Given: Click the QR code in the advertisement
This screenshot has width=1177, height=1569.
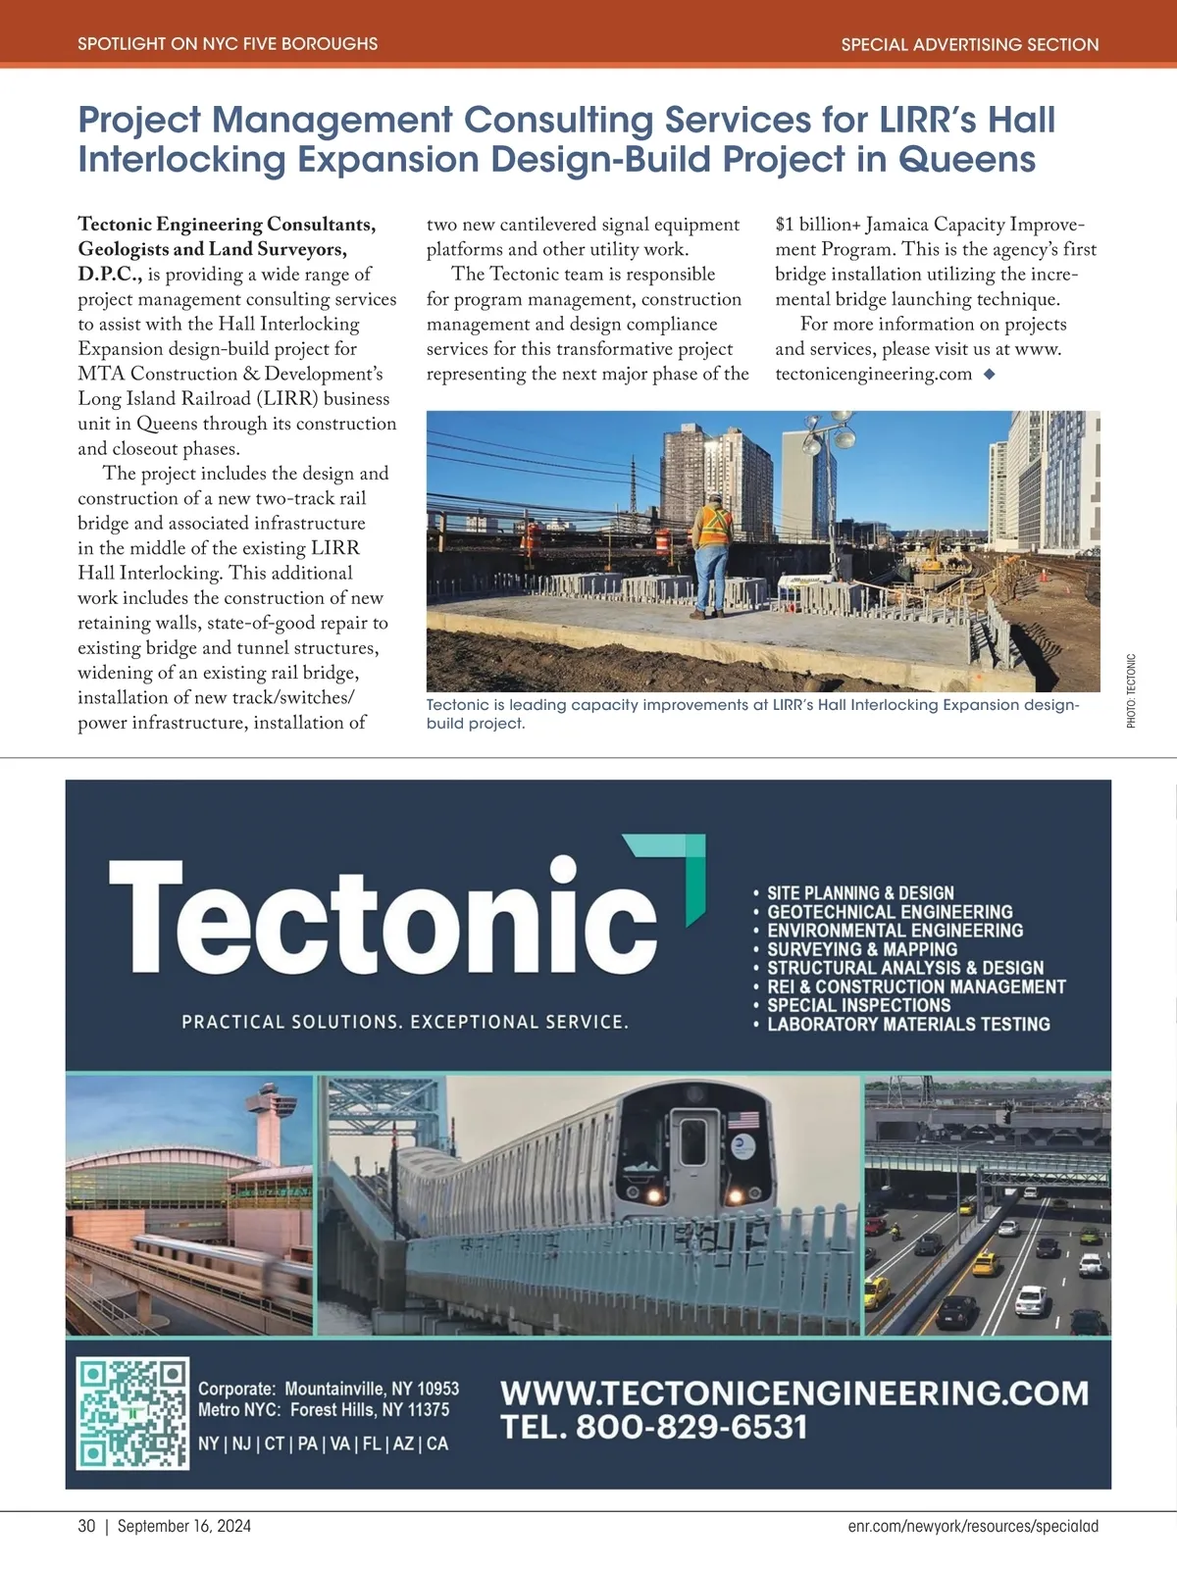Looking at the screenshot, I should coord(132,1413).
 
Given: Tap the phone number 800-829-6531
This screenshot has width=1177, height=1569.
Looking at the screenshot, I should coord(691,1427).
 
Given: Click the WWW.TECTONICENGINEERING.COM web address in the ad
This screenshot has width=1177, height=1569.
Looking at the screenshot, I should coord(794,1392).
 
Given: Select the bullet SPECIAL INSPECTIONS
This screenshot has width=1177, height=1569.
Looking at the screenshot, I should coord(858,1005).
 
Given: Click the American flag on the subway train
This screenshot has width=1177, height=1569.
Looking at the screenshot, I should coord(742,1119).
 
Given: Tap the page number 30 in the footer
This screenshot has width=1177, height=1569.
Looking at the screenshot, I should coord(87,1526).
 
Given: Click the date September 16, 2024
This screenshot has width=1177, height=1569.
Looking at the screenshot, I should coord(183,1526).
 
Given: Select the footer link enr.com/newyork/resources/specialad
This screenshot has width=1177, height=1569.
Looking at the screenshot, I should coord(973,1526).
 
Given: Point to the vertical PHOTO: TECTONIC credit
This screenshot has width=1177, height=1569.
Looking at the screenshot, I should coord(1131,690).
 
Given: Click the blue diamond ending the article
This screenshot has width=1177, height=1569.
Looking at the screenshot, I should coord(989,374).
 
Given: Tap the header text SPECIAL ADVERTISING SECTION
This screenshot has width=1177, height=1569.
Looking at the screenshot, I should coord(969,44).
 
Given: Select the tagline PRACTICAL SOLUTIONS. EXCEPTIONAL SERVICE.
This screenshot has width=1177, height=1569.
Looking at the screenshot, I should coord(405,1022).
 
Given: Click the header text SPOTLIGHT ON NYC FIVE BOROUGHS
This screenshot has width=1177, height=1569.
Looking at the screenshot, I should coord(228,44).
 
